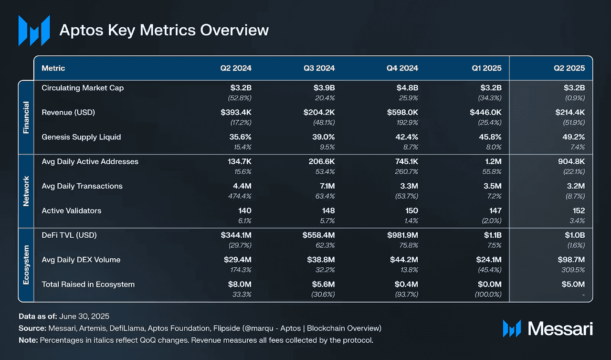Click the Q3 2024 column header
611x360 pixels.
click(319, 68)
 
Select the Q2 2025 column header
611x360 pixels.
click(569, 68)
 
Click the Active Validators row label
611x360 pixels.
click(72, 211)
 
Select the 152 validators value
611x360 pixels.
click(578, 211)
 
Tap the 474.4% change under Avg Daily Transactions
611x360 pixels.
click(239, 196)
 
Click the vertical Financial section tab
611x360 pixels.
click(26, 117)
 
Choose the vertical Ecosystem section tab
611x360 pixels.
click(26, 265)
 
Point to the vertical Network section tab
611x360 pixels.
click(26, 191)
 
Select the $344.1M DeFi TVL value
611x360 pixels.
click(236, 235)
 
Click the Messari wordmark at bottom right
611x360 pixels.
click(560, 328)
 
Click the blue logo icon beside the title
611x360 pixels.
click(34, 30)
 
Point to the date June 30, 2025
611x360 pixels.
click(84, 317)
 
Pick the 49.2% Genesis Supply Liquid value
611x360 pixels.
click(573, 137)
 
